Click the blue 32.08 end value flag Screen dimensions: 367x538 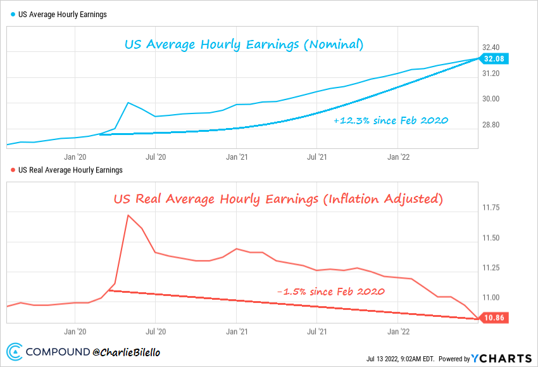[494, 59]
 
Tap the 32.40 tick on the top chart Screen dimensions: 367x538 [491, 48]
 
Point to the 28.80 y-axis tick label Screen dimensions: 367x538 [491, 125]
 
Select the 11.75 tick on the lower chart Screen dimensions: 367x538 [491, 208]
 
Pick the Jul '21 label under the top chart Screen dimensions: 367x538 [316, 155]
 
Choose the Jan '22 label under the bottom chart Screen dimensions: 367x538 [397, 331]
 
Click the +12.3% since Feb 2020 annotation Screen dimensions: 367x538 [391, 120]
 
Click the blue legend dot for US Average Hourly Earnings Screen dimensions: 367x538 [13, 15]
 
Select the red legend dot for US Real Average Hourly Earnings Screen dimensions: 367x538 [13, 170]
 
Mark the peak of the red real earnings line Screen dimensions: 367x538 [128, 215]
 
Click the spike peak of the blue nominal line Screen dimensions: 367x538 [128, 103]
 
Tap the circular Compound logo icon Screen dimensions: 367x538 [15, 352]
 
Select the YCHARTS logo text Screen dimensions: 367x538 [504, 358]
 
